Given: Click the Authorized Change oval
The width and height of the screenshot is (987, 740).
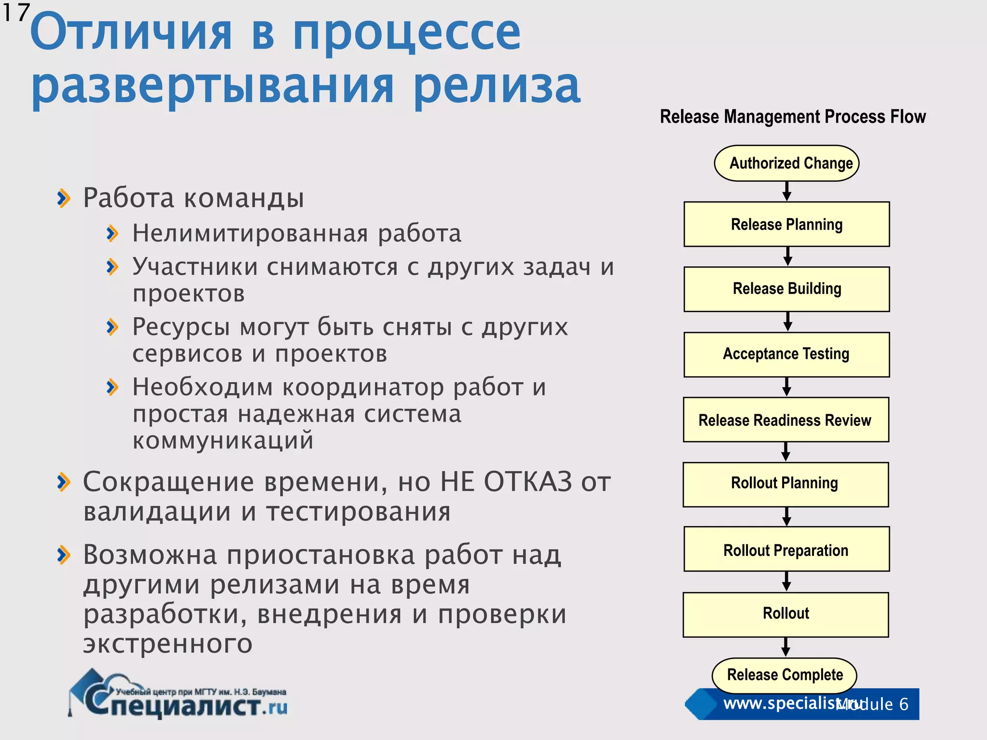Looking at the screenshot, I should [787, 163].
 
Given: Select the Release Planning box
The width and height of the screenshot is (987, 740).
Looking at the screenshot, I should [787, 225].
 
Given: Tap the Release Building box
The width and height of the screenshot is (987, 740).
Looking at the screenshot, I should [787, 289].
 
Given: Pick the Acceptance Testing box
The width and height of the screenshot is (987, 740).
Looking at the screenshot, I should [787, 354].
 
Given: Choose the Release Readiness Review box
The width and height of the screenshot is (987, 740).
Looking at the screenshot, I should [786, 420].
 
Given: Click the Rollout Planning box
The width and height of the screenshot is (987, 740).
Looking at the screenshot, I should [786, 484].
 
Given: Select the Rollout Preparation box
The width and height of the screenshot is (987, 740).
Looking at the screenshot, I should [787, 549].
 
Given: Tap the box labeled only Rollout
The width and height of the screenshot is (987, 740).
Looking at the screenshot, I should [786, 614].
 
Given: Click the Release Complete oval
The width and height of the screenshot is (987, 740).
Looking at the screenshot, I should [785, 675].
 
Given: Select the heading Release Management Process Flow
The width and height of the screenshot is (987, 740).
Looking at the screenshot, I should [793, 117].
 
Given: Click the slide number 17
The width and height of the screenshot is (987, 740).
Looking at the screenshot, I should [15, 13].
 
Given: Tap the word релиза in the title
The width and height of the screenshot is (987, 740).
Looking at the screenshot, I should [496, 87].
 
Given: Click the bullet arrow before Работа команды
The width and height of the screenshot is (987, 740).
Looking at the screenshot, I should [64, 198].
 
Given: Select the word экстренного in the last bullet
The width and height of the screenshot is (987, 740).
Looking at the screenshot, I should [168, 644].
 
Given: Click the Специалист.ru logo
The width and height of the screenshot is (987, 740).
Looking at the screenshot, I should [178, 696].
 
